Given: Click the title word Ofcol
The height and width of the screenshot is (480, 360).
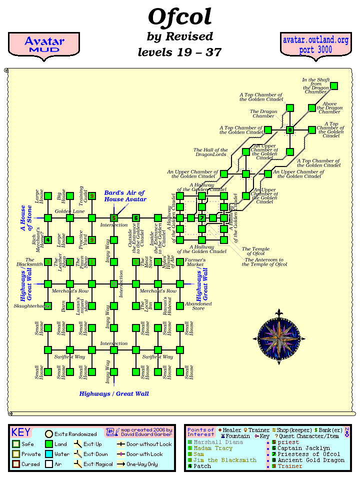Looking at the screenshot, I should click(180, 17).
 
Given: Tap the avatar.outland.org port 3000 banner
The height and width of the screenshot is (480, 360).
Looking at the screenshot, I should click(315, 45).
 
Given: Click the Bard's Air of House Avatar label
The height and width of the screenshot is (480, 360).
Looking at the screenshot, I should click(124, 196).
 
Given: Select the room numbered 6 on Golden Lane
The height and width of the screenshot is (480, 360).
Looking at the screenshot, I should click(136, 218).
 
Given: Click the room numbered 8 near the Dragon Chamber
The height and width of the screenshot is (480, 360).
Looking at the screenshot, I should click(290, 130).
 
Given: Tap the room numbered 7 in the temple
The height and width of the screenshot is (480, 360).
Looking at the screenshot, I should click(202, 218).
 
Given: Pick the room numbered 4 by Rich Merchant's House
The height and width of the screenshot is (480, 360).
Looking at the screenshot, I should click(48, 240).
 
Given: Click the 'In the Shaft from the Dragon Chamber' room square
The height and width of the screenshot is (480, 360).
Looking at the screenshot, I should click(334, 86).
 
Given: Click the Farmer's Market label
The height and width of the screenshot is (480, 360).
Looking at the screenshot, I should click(195, 260).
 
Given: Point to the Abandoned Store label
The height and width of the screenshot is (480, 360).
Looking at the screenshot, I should click(198, 306).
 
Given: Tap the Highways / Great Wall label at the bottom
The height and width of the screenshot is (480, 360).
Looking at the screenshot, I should click(114, 393).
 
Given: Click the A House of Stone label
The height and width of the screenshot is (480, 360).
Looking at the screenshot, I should click(26, 218).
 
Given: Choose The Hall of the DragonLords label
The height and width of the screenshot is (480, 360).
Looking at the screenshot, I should click(210, 152).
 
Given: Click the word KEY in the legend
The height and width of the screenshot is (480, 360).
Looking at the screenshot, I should click(21, 432).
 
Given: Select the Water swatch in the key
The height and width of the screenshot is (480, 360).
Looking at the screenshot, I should click(48, 454).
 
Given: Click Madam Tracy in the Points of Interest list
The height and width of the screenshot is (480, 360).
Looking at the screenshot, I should click(213, 448).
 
